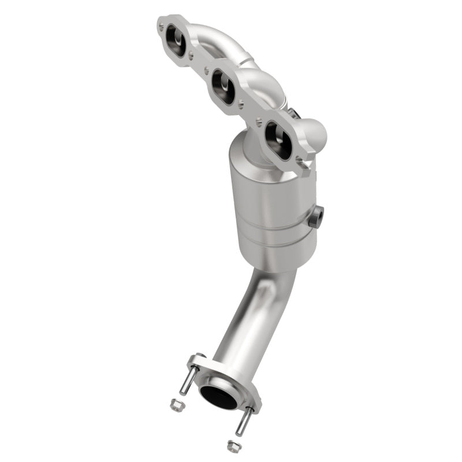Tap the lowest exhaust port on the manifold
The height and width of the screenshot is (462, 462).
tap(278, 140)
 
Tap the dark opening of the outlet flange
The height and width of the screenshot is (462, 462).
tap(219, 396)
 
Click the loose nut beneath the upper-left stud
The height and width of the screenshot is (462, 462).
tap(176, 405)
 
